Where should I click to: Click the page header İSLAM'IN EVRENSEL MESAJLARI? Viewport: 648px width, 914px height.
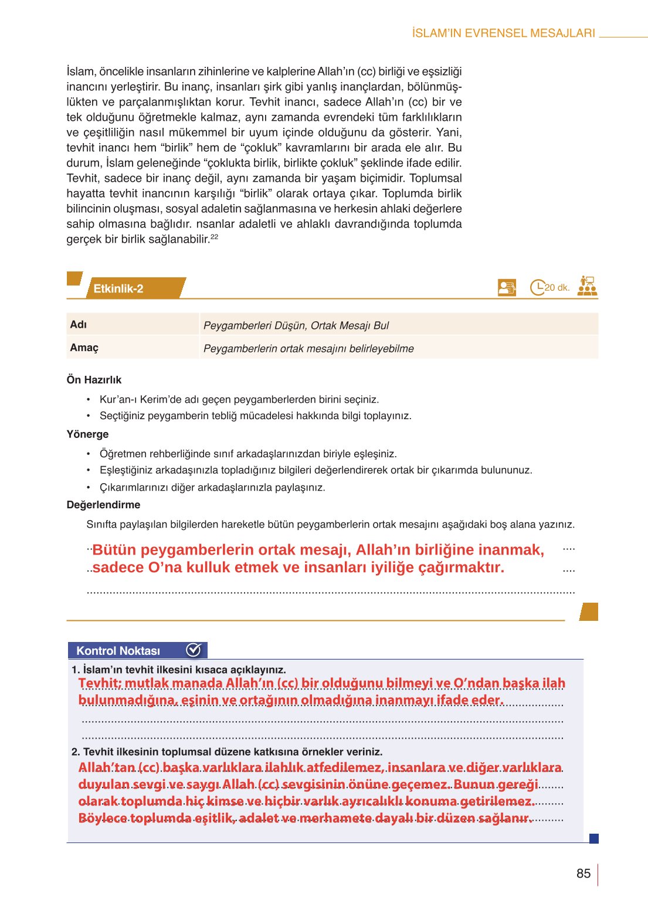(503, 33)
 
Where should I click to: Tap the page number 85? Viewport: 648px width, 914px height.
(583, 874)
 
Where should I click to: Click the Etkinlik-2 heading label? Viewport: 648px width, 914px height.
(118, 288)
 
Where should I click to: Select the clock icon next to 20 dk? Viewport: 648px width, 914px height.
(537, 287)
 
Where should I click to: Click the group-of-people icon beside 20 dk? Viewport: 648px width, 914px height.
(586, 286)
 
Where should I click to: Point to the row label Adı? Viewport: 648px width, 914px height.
(79, 324)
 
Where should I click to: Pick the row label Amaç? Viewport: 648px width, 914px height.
(84, 348)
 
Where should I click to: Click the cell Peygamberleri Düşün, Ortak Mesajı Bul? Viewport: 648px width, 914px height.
(296, 325)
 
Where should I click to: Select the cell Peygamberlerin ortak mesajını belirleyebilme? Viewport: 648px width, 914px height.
(308, 349)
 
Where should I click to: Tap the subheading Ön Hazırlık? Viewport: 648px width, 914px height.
(94, 380)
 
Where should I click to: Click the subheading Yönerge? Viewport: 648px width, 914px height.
(87, 434)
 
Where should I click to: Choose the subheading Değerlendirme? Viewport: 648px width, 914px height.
(103, 505)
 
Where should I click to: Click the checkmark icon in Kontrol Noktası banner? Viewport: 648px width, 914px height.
(194, 650)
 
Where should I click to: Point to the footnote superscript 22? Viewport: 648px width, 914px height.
(214, 237)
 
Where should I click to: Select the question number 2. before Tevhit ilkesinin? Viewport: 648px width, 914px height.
(76, 752)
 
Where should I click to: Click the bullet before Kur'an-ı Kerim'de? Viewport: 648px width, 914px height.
(89, 400)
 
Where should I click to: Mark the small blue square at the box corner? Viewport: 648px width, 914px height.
(593, 839)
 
